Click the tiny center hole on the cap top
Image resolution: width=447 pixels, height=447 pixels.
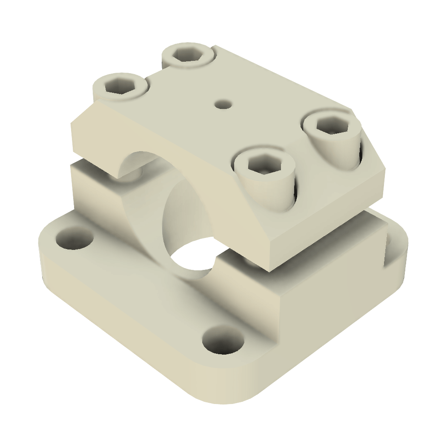pos(223,103)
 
